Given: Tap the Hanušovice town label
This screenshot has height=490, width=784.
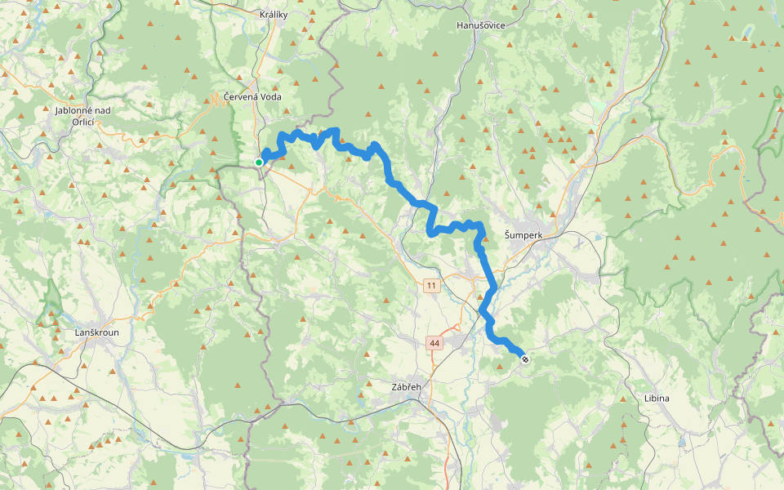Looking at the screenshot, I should [481, 25].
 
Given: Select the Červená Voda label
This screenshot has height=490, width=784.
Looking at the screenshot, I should [258, 96].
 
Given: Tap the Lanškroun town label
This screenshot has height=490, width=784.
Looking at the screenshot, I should [97, 332].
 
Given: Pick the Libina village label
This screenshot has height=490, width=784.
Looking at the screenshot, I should [656, 398].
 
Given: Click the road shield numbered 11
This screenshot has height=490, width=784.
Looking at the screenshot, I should [431, 285].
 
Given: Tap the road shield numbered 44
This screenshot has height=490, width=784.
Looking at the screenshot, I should [434, 344].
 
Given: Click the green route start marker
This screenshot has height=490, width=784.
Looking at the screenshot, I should [259, 163].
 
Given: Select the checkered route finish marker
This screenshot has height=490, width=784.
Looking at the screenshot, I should [525, 359].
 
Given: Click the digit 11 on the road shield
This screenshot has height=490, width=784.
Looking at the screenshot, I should [431, 285].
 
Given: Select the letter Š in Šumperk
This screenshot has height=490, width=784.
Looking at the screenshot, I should [508, 235].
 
